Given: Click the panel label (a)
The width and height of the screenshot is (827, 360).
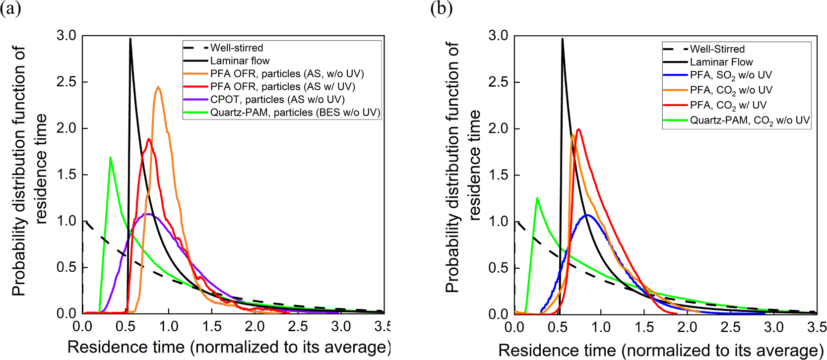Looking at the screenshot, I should click(10, 8).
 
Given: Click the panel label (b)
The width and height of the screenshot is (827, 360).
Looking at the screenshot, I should click(441, 8).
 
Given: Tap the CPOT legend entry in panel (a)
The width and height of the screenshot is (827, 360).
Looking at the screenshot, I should click(277, 99).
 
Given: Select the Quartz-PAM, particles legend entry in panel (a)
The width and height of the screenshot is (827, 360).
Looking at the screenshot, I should click(295, 112).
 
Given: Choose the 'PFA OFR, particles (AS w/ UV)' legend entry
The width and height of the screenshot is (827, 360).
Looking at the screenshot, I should click(283, 86).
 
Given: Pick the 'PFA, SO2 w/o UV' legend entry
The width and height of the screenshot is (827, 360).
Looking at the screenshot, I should click(731, 75).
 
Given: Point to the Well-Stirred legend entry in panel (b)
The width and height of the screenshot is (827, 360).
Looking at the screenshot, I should click(717, 49).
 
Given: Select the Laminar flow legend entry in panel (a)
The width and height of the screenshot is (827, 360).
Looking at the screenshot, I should click(240, 60).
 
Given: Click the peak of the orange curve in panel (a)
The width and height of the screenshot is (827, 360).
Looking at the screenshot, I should click(158, 87).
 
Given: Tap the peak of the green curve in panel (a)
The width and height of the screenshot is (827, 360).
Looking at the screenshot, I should click(110, 158).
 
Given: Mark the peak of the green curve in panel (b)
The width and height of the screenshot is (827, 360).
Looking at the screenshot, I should click(537, 198).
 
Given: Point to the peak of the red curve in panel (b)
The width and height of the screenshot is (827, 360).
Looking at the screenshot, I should click(578, 129).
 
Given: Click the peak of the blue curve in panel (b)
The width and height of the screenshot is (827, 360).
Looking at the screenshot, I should click(587, 215).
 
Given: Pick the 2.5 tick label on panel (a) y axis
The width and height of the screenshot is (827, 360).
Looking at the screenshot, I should click(66, 82).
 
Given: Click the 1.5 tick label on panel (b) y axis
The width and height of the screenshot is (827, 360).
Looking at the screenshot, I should click(498, 175).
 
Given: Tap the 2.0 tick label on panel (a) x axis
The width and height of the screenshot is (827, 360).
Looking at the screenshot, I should click(254, 326).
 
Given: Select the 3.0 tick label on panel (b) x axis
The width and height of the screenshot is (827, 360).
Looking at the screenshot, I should click(773, 327).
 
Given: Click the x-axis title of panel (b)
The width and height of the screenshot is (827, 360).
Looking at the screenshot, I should click(660, 350).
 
